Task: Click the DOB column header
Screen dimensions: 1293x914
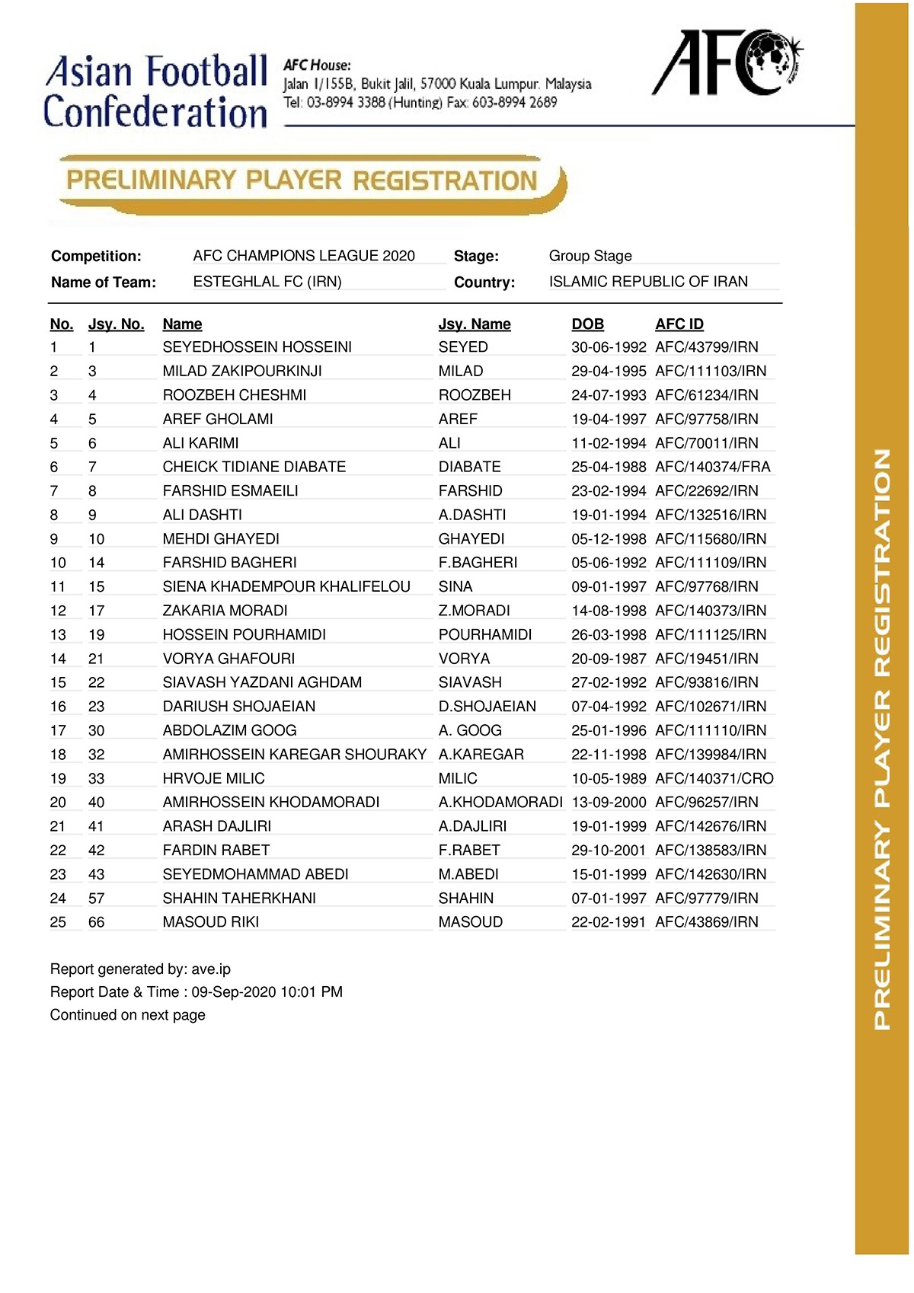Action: click(587, 324)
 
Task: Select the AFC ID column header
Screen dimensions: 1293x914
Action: click(679, 324)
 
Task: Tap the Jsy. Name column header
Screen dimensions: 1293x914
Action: click(474, 324)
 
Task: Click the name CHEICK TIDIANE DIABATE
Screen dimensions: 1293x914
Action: click(254, 467)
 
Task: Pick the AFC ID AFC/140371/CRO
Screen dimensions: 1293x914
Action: click(714, 778)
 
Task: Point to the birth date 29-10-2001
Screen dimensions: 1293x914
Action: click(609, 850)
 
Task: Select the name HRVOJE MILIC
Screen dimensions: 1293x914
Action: click(213, 778)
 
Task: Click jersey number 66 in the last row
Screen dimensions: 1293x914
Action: click(96, 922)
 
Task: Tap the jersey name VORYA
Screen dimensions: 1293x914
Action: click(464, 659)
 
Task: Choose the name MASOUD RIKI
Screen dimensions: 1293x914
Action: click(210, 922)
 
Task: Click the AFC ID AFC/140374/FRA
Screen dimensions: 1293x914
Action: click(712, 467)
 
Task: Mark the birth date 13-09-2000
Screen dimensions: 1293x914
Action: click(609, 802)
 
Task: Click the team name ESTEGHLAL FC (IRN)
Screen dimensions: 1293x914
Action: click(267, 282)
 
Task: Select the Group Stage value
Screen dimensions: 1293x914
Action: click(590, 256)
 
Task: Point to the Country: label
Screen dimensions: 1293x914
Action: click(484, 283)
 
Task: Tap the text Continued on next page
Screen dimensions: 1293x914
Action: click(127, 1015)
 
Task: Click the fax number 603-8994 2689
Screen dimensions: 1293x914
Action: click(514, 103)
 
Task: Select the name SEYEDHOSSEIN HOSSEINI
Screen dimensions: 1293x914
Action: click(257, 347)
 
